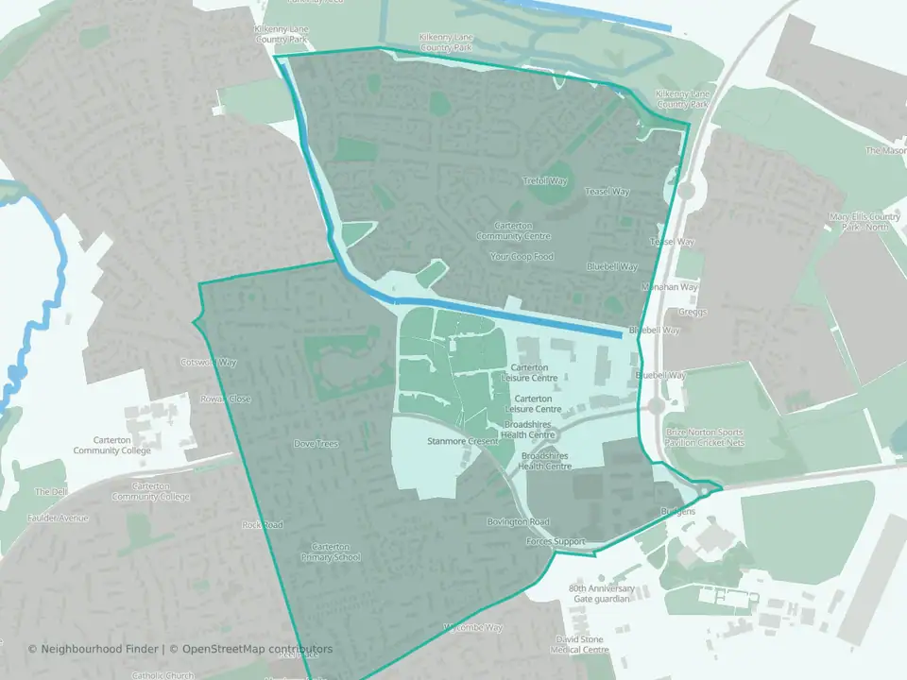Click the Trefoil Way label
pyautogui.click(x=544, y=180)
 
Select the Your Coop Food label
pyautogui.click(x=522, y=257)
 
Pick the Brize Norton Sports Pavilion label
pyautogui.click(x=704, y=437)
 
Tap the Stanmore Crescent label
pyautogui.click(x=463, y=441)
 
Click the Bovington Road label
pyautogui.click(x=518, y=521)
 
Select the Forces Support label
pyautogui.click(x=556, y=542)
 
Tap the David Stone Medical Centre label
pyautogui.click(x=582, y=644)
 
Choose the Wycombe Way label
pyautogui.click(x=471, y=627)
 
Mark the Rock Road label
pyautogui.click(x=263, y=524)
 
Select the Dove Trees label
pyautogui.click(x=316, y=443)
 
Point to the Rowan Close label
pyautogui.click(x=226, y=399)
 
